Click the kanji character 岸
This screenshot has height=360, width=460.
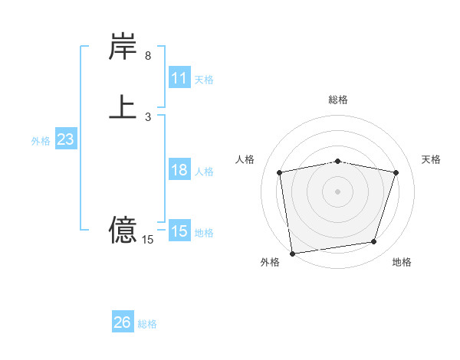(123, 47)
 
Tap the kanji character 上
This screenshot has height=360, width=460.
(123, 107)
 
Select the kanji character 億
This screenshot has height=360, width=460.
(123, 229)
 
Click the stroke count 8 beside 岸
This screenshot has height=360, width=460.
(148, 56)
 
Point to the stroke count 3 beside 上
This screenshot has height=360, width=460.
(148, 116)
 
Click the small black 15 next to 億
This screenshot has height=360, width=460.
(148, 240)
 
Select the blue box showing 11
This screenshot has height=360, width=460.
(179, 78)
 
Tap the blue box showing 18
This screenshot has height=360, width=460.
(179, 170)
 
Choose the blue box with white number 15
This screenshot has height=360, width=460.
(179, 231)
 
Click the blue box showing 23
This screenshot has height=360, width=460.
(65, 139)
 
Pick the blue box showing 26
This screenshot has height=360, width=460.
(123, 322)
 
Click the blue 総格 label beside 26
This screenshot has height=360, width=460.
(147, 324)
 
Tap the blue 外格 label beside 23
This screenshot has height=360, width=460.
(41, 141)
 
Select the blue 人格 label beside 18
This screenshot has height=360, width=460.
(205, 172)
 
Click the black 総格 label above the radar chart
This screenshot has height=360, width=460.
(338, 100)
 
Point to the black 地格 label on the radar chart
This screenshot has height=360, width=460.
(402, 262)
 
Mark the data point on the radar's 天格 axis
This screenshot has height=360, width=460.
(396, 172)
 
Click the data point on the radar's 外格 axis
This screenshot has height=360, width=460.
(292, 253)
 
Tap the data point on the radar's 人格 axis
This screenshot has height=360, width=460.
(280, 172)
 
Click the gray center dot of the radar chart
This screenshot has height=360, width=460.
(338, 191)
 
